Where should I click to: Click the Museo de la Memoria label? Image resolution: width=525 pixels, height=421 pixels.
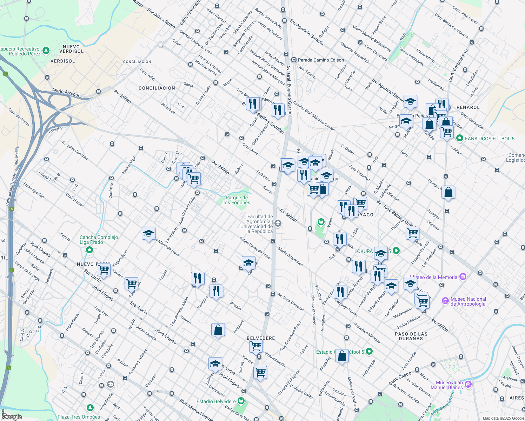coord(433,277)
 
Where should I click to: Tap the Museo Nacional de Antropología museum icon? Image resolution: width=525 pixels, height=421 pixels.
coord(445,301)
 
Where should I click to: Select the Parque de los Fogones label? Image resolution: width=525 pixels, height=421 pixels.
coord(237,200)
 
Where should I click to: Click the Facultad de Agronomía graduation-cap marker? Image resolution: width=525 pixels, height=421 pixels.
coord(278,223)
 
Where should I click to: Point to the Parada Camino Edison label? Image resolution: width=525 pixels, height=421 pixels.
coord(321,60)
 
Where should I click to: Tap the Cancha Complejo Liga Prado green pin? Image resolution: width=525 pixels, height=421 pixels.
coord(89,250)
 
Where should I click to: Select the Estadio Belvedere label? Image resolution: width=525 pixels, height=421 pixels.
coord(216,401)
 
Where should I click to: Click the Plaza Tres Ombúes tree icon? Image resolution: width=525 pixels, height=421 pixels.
coord(90,408)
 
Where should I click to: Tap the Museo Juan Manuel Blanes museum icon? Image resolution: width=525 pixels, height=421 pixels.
coord(468,385)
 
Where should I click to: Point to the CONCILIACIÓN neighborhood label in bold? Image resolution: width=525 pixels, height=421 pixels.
coord(157,88)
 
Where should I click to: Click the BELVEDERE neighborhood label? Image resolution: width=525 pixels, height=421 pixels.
coord(261,338)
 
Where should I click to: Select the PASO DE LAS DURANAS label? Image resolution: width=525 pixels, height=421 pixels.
coord(411,336)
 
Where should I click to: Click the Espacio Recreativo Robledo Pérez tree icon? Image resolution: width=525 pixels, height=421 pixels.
coord(46,51)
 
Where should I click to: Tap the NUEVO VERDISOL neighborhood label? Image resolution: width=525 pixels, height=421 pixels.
coord(71,49)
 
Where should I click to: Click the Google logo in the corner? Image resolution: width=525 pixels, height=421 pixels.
coord(12,417)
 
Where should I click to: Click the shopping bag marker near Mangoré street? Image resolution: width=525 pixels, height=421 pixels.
coord(218,330)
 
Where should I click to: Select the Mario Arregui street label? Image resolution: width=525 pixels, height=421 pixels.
coord(66,93)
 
